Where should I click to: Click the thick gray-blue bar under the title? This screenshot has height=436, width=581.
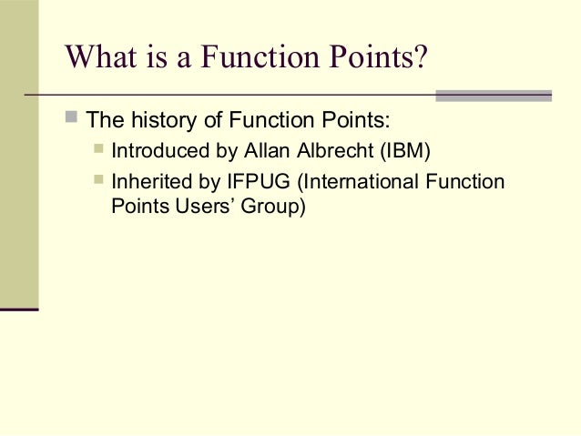[x=494, y=95]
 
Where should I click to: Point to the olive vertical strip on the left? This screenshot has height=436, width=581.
[x=19, y=155]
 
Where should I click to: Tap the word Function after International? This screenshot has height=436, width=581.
[x=467, y=181]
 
